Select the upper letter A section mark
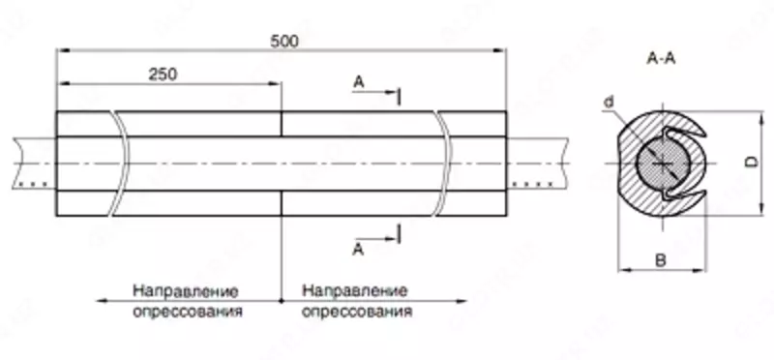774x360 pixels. pos(358,84)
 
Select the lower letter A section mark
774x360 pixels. pos(358,250)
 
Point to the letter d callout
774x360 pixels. pos(607,102)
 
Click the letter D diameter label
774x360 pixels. pos(749,165)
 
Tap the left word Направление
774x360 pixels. pos(186,290)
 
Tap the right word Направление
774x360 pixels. pos(354,290)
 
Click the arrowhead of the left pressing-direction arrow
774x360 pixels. pos(101,301)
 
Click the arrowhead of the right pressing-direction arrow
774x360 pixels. pos(469,301)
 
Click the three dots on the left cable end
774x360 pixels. pos(34,182)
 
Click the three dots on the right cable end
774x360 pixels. pos(527,182)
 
